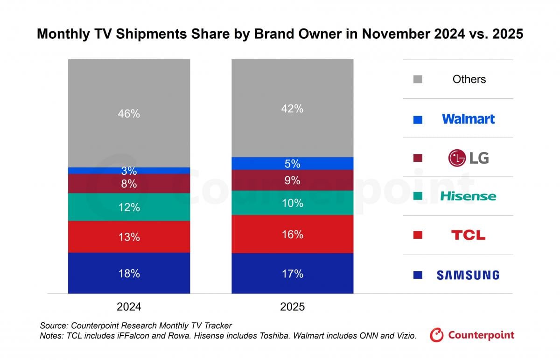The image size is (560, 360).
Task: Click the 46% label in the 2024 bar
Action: [x=129, y=113]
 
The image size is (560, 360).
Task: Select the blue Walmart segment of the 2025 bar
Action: [x=293, y=164]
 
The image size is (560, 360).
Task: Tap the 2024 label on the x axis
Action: [x=129, y=306]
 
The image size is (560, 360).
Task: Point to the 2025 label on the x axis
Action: [x=293, y=306]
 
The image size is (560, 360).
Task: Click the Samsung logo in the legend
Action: [x=468, y=275]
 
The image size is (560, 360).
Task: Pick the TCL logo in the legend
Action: [x=468, y=235]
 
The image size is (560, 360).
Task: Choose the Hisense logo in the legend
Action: [x=468, y=196]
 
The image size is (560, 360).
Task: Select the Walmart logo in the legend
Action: [x=468, y=119]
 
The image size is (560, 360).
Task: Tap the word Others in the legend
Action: [x=469, y=79]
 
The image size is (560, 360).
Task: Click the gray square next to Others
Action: [x=418, y=79]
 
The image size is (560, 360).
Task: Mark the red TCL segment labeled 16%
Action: [x=293, y=234]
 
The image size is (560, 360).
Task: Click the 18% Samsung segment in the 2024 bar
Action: [x=129, y=273]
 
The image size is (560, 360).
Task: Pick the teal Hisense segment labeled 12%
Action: [x=129, y=207]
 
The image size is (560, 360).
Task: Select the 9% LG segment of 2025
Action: [x=293, y=180]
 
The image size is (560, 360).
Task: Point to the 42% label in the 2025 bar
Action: [x=293, y=109]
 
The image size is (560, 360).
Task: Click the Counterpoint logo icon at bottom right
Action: [x=437, y=335]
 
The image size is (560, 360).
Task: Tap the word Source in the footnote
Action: [x=52, y=325]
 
